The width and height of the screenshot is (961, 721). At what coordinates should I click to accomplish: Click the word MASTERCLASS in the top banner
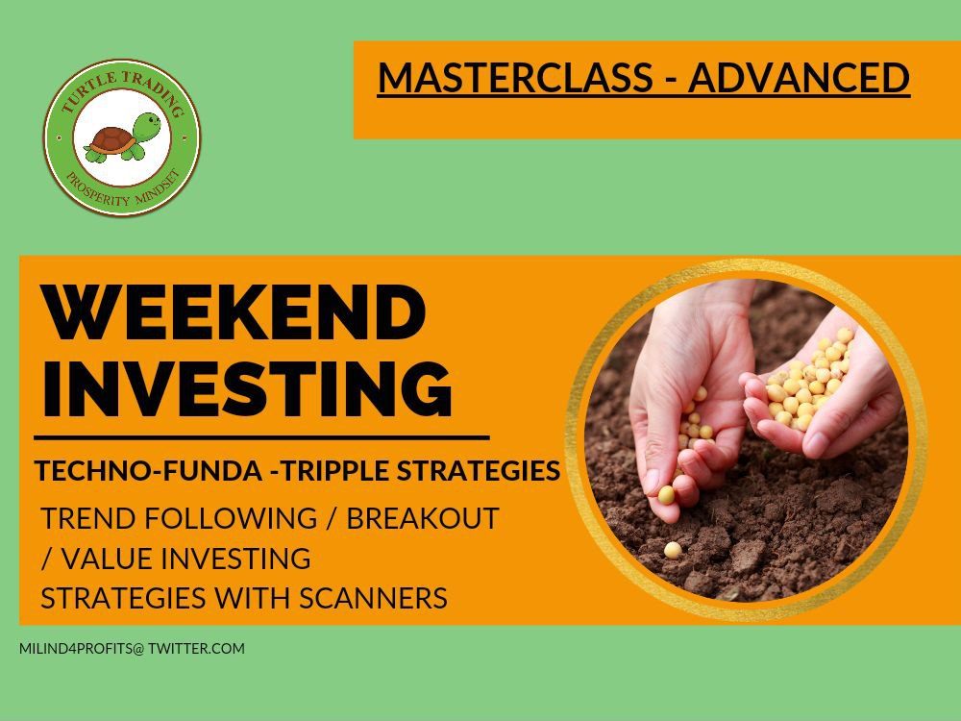click(515, 77)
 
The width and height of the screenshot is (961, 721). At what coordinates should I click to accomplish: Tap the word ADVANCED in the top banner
click(799, 77)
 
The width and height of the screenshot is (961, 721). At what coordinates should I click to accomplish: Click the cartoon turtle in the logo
click(123, 137)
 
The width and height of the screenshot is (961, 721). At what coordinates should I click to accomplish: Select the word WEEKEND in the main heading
click(234, 312)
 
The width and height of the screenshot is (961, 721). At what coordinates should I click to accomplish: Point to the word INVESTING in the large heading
click(248, 388)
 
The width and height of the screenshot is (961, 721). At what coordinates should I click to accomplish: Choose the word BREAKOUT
click(423, 519)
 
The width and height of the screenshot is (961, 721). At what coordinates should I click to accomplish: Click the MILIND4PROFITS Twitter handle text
click(132, 649)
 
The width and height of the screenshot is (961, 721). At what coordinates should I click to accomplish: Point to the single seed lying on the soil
click(673, 550)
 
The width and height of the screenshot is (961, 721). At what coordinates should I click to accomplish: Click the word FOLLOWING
click(231, 519)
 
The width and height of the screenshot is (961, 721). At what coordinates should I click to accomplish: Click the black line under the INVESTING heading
click(261, 437)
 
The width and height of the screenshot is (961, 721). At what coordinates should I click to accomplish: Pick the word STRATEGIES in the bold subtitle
click(479, 471)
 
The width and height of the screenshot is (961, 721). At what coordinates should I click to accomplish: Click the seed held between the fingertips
click(666, 495)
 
